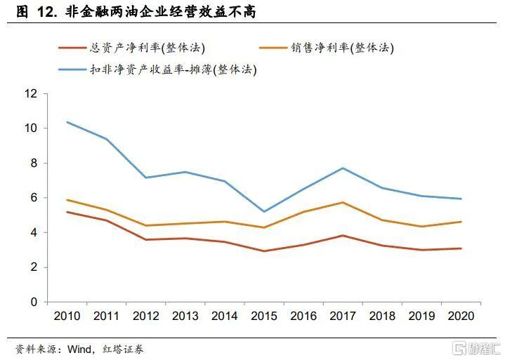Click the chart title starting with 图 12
(136, 12)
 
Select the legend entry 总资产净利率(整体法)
(132, 48)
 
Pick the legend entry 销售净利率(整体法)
(327, 48)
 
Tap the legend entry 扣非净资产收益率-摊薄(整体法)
(157, 69)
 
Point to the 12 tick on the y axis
(31, 93)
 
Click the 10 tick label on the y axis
(31, 128)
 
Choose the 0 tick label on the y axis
(34, 302)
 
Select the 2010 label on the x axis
(67, 316)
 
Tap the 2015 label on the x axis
(264, 316)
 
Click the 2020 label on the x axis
(461, 316)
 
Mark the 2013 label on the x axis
(185, 316)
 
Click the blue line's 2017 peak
(343, 168)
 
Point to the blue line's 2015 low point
(264, 212)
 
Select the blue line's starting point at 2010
(67, 122)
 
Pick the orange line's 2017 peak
(343, 202)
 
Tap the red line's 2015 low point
(264, 251)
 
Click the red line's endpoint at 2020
(461, 248)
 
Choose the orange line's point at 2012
(146, 225)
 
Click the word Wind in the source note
(79, 349)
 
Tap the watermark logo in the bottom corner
(476, 348)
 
